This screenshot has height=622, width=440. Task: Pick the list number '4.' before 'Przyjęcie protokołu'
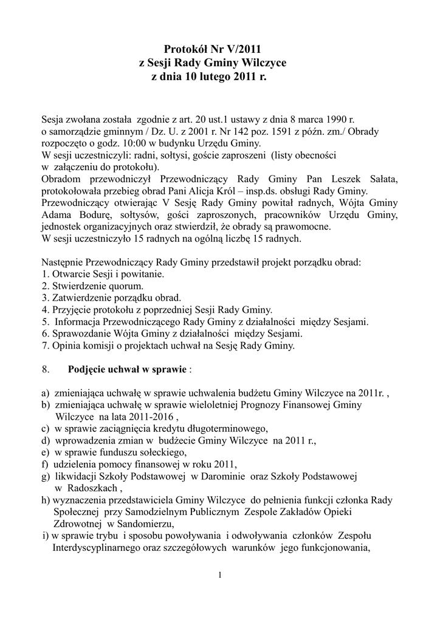point(46,310)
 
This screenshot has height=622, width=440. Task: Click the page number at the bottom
point(220,575)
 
